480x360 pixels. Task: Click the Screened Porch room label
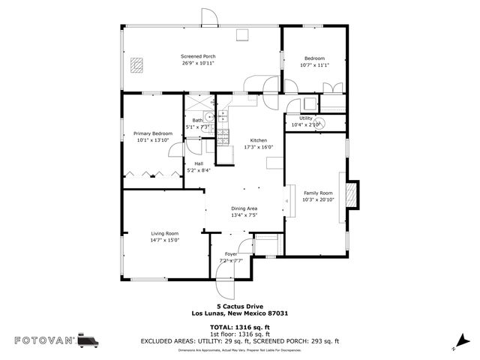coord(198,56)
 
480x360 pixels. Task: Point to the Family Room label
coord(317,193)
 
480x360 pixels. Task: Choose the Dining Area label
coord(244,208)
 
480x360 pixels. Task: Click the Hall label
coord(199,163)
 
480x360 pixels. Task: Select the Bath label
coord(197,120)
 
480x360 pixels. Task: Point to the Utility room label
coord(306,118)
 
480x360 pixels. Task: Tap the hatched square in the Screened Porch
coord(136,65)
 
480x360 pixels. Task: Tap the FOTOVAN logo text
coord(45,340)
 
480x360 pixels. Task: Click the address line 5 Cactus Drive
coord(240,306)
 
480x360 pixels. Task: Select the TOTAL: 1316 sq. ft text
coord(241,328)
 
